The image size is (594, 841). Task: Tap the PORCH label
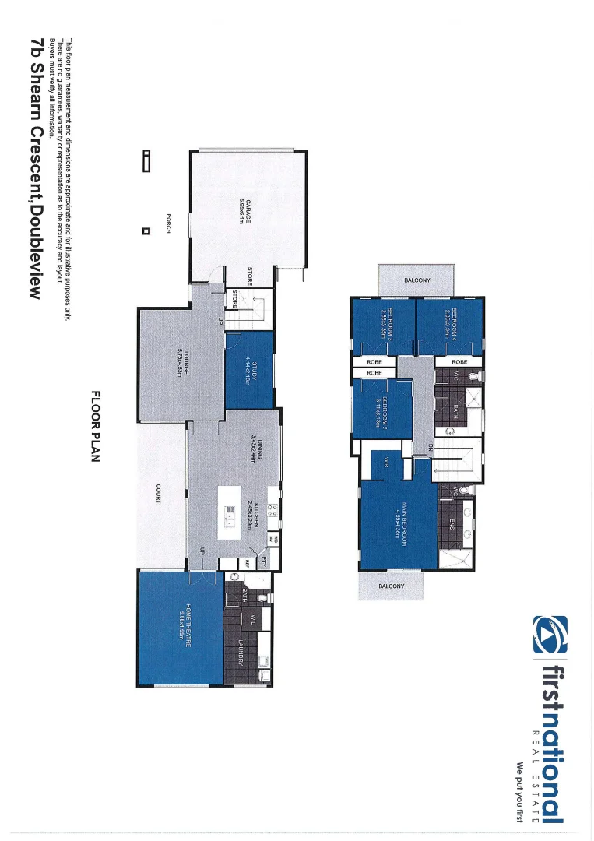click(x=168, y=224)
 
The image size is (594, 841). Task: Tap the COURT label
click(x=158, y=493)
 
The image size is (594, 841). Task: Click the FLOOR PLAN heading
click(x=97, y=427)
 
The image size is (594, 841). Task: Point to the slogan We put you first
click(x=518, y=791)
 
